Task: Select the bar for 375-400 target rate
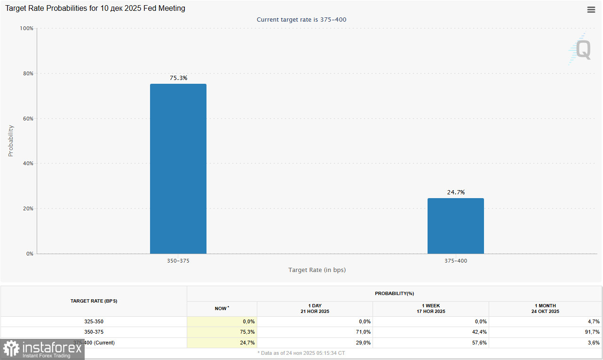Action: (x=455, y=226)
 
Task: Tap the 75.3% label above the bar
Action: (x=178, y=78)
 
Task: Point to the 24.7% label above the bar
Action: (x=456, y=192)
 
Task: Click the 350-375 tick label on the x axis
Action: (x=178, y=260)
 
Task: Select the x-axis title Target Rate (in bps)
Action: (x=317, y=270)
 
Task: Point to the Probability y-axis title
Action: (x=11, y=141)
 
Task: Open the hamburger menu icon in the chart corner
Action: (x=591, y=10)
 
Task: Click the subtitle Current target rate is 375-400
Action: (x=301, y=19)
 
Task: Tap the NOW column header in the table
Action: (x=222, y=309)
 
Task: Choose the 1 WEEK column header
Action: (x=431, y=309)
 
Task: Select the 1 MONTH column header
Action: (x=546, y=309)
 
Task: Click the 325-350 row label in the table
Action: (x=94, y=321)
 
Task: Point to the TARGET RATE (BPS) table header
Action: (x=94, y=301)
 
